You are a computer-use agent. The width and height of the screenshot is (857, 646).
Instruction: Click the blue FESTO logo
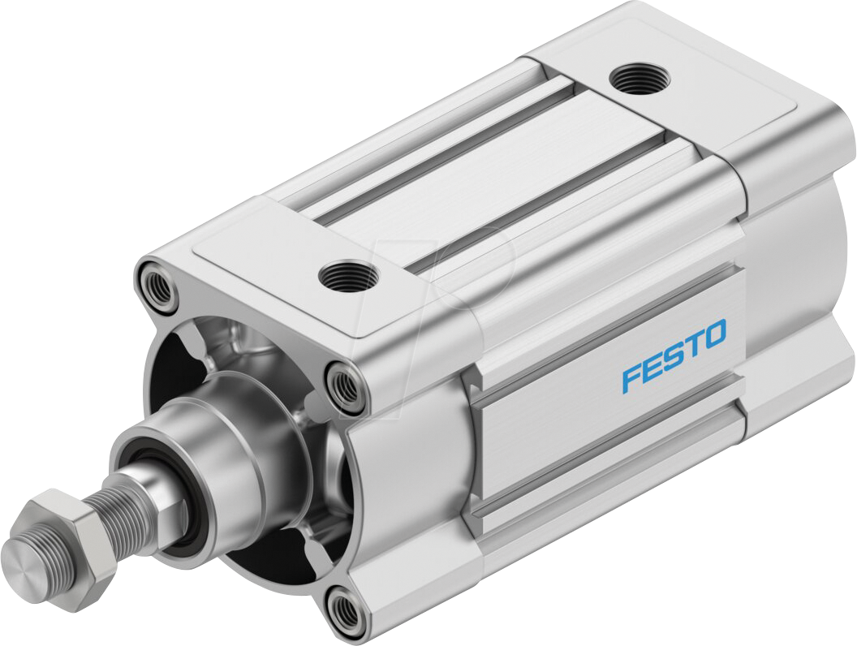(x=674, y=356)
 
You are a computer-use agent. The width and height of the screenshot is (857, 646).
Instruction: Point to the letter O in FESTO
(x=714, y=334)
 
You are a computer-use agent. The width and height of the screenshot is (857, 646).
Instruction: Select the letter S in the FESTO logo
(x=673, y=356)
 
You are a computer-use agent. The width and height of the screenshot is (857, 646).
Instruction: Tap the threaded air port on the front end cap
(x=347, y=278)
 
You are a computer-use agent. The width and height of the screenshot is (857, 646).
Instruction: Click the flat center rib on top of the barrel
(x=487, y=170)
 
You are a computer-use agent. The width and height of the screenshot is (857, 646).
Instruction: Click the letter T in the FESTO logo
(x=695, y=343)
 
